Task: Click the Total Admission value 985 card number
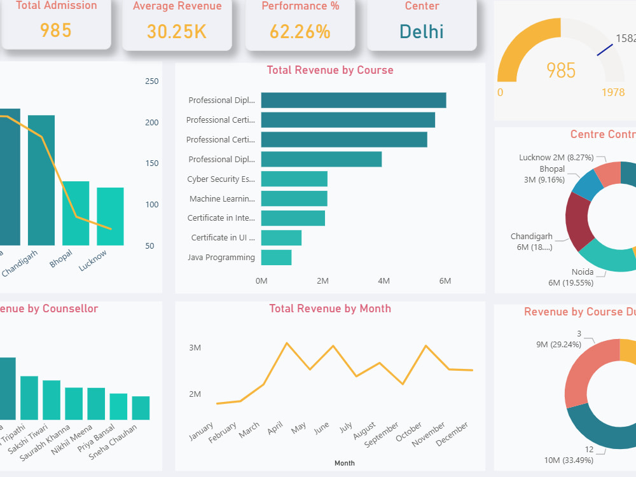(55, 31)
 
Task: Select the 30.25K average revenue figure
(177, 31)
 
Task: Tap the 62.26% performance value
(300, 31)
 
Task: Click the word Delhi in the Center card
(422, 31)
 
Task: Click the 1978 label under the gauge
(612, 92)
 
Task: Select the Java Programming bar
(276, 258)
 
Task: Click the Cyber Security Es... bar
(294, 179)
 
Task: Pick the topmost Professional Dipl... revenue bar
(353, 100)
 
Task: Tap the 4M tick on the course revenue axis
(384, 280)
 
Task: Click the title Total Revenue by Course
(329, 70)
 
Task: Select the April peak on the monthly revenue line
(287, 343)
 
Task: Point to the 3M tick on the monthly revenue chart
(195, 348)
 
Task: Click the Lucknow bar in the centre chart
(110, 216)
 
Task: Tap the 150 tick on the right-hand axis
(152, 163)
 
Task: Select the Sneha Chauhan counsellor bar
(141, 408)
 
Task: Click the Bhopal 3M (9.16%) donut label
(543, 174)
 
